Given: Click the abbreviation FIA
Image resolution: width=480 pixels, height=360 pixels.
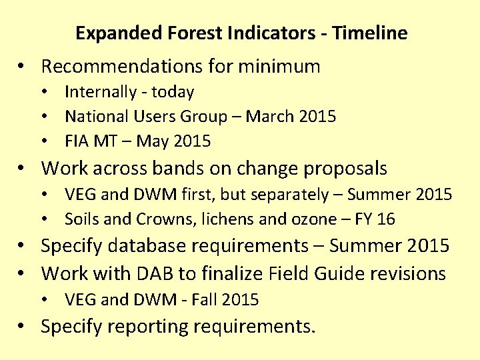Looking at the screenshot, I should [x=77, y=141].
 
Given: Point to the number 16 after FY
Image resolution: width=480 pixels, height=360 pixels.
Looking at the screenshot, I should [x=386, y=219].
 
